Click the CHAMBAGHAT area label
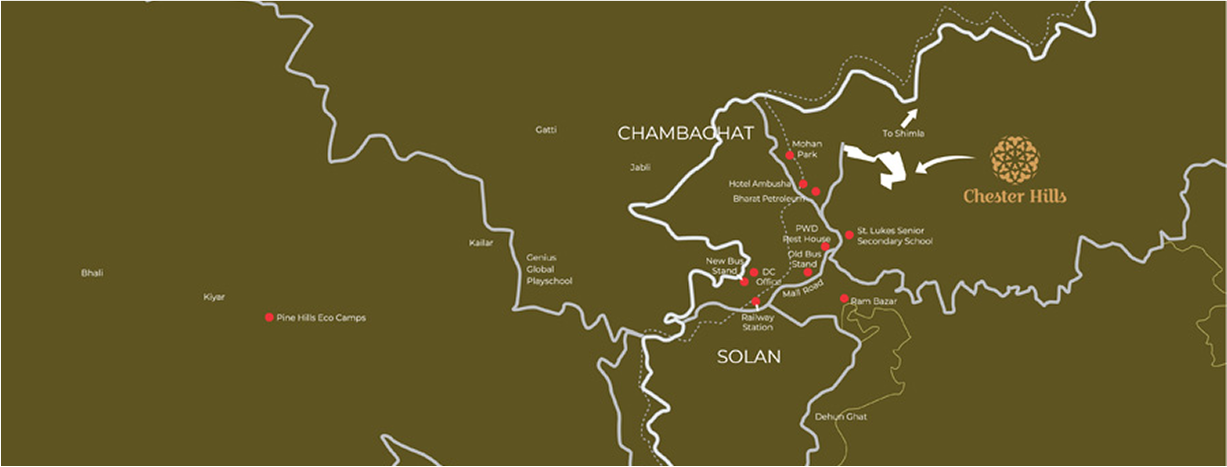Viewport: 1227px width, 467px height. (x=685, y=133)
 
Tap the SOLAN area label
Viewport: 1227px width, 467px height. (x=748, y=356)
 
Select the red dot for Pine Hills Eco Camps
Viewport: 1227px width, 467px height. (x=269, y=318)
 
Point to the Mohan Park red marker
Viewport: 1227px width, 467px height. (x=790, y=155)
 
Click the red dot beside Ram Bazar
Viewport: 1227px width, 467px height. (x=843, y=299)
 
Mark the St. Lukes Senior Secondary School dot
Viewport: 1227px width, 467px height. (x=849, y=235)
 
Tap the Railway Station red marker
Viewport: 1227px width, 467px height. (x=756, y=302)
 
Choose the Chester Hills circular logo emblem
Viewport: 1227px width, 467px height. (x=1015, y=160)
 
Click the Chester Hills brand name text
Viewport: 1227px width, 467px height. (x=1015, y=197)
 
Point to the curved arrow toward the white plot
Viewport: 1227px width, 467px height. (x=948, y=161)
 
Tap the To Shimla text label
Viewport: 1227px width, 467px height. (x=904, y=134)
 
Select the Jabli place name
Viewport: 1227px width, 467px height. (x=640, y=167)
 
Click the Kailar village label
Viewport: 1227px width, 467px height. (x=481, y=242)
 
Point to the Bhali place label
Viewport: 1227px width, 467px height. (x=92, y=272)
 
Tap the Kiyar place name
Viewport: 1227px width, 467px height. (x=215, y=297)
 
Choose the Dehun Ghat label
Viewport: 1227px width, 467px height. (x=840, y=417)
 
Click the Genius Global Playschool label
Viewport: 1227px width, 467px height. (x=550, y=268)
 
